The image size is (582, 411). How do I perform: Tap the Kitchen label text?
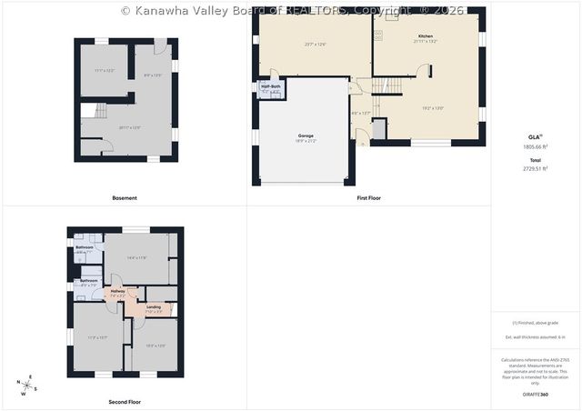coord(426,36)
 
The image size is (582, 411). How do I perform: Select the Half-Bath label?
coord(270,86)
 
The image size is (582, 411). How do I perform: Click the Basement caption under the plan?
coord(125,197)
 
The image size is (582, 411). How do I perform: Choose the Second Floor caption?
coord(125,401)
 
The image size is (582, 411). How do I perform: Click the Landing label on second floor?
coord(154,306)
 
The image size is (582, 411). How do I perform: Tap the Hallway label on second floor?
coord(117,292)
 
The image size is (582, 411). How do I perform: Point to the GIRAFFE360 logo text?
coord(536,395)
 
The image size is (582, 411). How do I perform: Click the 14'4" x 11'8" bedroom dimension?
coord(136,257)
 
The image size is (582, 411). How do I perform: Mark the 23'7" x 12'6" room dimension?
coord(315,44)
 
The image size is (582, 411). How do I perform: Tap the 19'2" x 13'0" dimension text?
coord(433,108)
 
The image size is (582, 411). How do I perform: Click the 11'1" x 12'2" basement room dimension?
coord(105,70)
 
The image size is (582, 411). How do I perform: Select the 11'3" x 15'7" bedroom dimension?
coord(97,337)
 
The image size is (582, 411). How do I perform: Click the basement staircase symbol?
coord(89,113)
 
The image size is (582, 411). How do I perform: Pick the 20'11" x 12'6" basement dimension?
coord(130,127)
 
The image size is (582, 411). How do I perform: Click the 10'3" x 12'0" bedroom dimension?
coord(156,345)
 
